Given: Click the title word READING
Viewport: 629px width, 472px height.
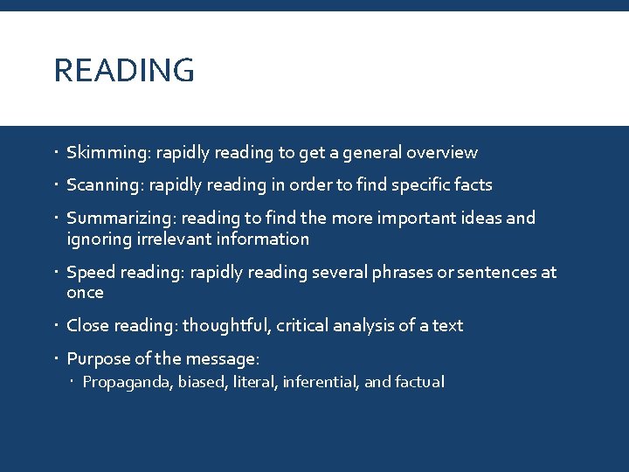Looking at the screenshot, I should click(x=124, y=71).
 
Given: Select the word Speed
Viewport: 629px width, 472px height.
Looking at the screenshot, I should click(x=91, y=273).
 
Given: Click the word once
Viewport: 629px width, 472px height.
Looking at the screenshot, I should click(x=85, y=293).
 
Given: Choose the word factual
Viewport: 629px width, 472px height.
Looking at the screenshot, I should click(x=418, y=382).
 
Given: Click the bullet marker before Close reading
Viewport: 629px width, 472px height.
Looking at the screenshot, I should click(x=57, y=326).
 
